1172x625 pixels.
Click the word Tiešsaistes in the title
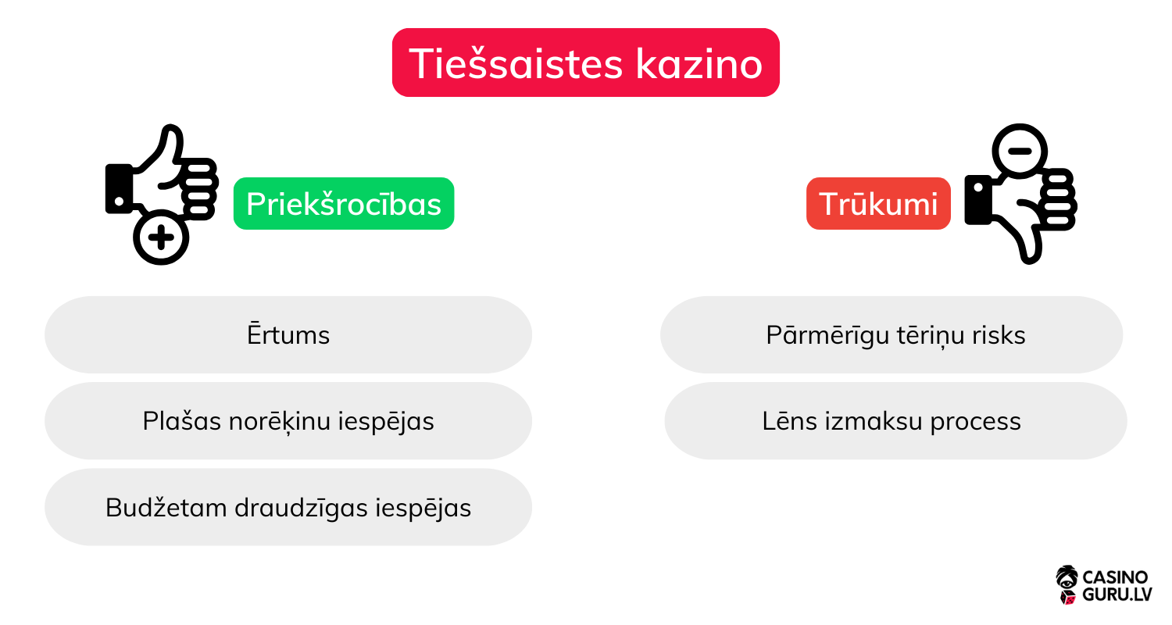click(516, 62)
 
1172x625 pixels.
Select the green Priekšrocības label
click(344, 204)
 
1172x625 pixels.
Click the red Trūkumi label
click(878, 204)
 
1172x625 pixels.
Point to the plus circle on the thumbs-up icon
click(161, 237)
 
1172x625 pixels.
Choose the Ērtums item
click(288, 335)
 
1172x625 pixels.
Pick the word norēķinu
click(273, 421)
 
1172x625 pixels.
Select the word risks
click(999, 335)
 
